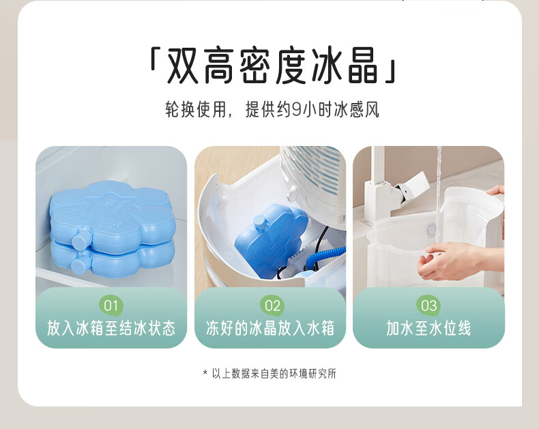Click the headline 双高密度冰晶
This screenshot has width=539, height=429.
pyautogui.click(x=272, y=65)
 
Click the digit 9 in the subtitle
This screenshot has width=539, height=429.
pyautogui.click(x=296, y=110)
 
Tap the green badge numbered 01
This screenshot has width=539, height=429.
pyautogui.click(x=111, y=306)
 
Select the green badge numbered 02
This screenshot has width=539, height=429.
pyautogui.click(x=272, y=306)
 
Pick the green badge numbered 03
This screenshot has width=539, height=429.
pyautogui.click(x=428, y=306)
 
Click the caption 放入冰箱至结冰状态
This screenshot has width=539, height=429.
pyautogui.click(x=111, y=328)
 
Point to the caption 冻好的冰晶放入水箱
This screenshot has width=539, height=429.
pyautogui.click(x=270, y=328)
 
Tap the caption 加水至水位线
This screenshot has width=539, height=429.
pyautogui.click(x=428, y=328)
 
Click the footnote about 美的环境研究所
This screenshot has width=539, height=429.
pyautogui.click(x=274, y=373)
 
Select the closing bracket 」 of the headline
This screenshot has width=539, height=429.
pyautogui.click(x=390, y=72)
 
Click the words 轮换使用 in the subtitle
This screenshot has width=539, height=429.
pyautogui.click(x=195, y=110)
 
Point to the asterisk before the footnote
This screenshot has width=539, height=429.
pyautogui.click(x=205, y=372)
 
